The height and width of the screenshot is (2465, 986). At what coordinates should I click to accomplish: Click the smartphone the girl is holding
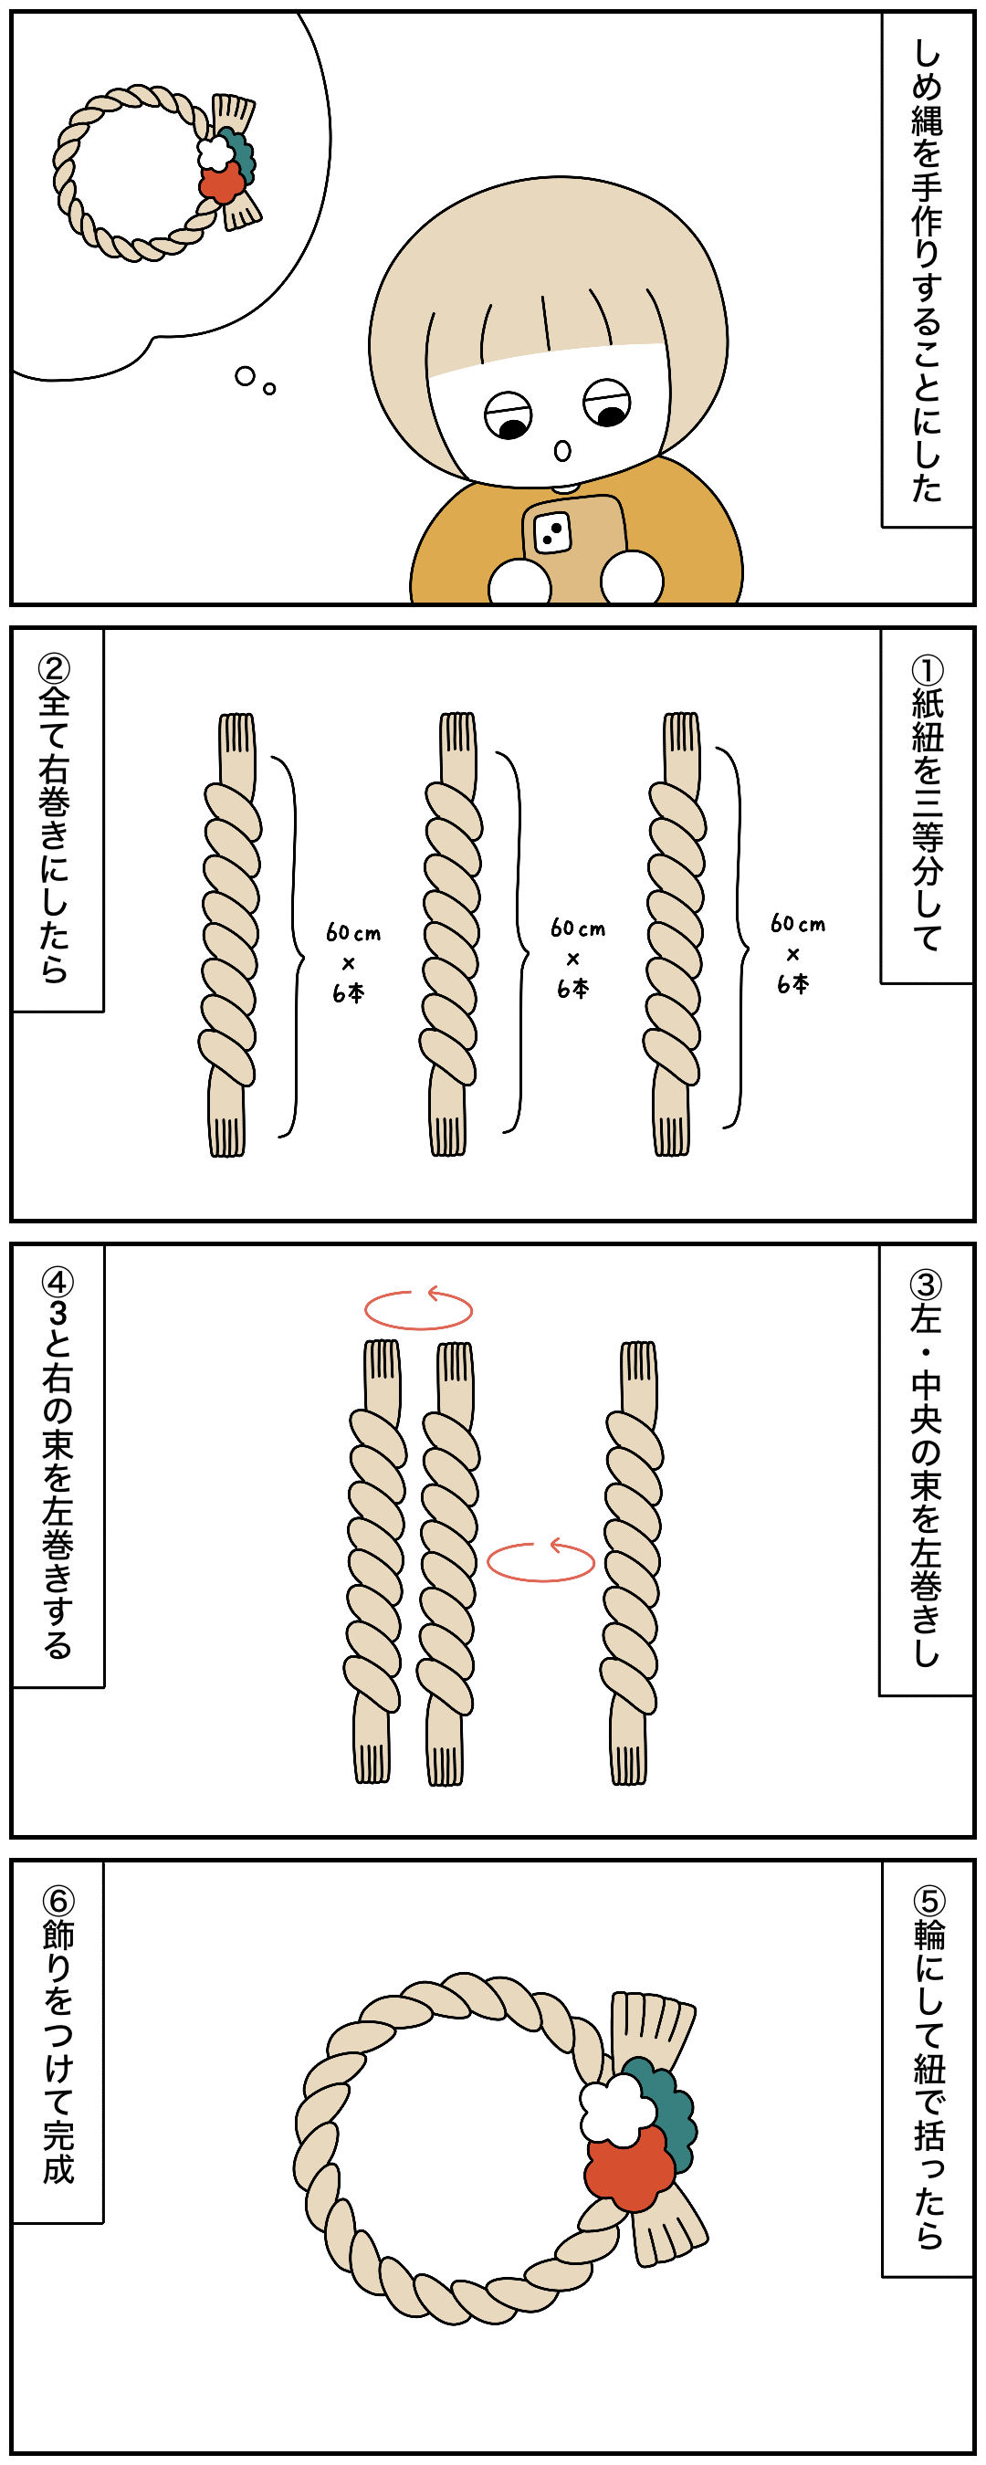[573, 545]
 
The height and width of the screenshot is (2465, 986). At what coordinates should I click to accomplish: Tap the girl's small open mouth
[563, 451]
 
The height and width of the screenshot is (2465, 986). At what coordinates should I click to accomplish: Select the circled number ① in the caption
[927, 669]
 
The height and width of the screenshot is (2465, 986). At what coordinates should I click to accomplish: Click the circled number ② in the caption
[55, 668]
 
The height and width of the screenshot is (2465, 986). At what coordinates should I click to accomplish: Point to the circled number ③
[926, 1285]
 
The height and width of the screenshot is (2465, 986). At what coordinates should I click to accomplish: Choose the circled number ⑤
[928, 1900]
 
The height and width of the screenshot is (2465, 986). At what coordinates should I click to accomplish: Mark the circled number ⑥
[58, 1900]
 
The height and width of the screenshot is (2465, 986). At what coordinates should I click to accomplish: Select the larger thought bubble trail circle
[245, 376]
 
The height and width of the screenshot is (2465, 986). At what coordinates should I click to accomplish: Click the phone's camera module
[552, 533]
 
